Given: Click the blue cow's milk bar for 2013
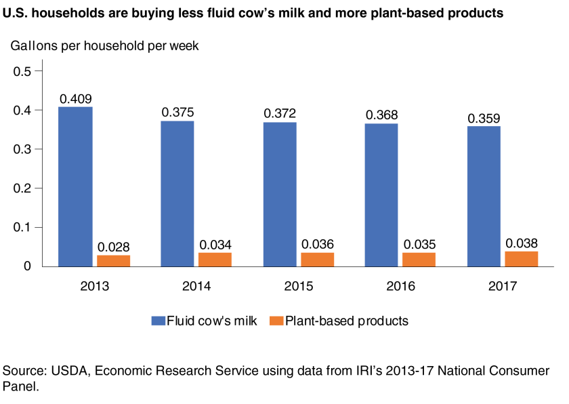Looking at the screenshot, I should (75, 186).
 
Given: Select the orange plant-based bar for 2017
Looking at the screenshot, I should (521, 259).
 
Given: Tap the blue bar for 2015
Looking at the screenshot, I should (279, 194).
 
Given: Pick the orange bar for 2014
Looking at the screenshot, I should (215, 260).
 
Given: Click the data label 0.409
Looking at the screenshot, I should (76, 99).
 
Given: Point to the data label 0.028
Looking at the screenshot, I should (114, 247).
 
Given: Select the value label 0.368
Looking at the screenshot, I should (381, 115).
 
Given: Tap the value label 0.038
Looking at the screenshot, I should (522, 243).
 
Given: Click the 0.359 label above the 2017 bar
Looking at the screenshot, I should (484, 118).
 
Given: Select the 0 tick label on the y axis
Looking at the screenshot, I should (28, 266).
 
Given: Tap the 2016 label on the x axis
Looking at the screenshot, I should (400, 286).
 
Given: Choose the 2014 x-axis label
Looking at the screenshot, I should (196, 286).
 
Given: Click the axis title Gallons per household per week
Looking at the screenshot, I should (102, 46).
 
